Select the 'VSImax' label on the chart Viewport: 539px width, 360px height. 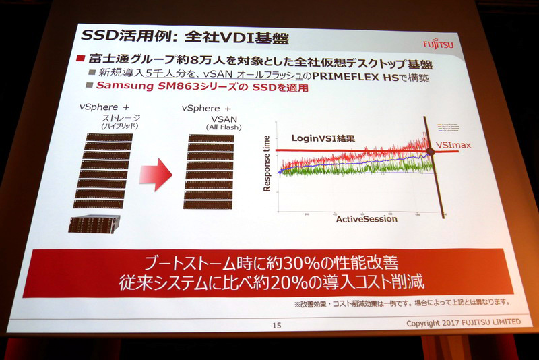coord(474,144)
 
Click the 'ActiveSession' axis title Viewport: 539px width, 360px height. coord(367,219)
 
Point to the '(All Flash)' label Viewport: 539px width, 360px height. coord(217,126)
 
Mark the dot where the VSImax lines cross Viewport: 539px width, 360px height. coord(431,151)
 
